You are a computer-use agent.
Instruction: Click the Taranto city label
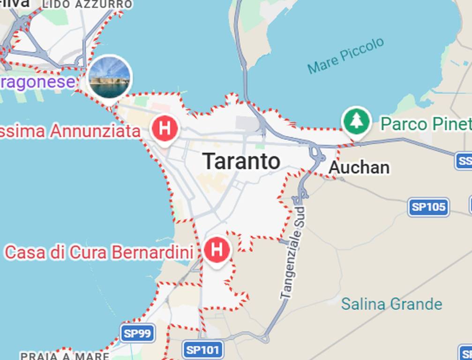click(242, 161)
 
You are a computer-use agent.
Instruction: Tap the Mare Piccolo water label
click(345, 56)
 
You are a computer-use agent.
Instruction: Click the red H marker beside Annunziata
click(165, 127)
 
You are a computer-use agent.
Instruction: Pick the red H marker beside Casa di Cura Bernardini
click(217, 250)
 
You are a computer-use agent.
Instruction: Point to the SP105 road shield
click(428, 207)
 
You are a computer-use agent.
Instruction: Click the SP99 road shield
click(138, 333)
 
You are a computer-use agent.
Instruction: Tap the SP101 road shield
click(202, 350)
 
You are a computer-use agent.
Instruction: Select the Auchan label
click(359, 167)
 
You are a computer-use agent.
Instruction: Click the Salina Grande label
click(391, 304)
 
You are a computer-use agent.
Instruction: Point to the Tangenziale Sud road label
click(293, 253)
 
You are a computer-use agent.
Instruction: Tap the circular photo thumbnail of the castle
click(110, 77)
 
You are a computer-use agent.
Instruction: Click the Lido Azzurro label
click(87, 4)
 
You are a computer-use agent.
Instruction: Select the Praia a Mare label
click(65, 356)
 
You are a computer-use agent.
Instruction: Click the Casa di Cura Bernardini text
click(99, 253)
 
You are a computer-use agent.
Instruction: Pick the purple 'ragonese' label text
click(37, 82)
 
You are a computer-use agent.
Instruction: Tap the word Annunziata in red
click(95, 131)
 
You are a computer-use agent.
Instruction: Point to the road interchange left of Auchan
click(317, 155)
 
